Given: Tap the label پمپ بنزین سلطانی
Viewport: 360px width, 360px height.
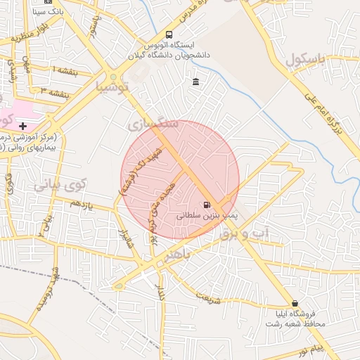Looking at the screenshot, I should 207,217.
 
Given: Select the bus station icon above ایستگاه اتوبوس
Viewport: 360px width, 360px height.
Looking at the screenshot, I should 169,34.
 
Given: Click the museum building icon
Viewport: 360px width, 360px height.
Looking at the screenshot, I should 195,83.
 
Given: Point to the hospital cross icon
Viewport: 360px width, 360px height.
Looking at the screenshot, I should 23,125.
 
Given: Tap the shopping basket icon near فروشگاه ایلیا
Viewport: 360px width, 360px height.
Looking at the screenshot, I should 294,303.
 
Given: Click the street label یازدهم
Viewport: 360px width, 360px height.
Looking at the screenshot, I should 81,204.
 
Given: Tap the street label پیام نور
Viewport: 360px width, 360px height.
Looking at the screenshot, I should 309,349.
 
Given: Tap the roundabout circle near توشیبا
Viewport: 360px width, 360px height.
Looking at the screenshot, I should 113,77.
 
